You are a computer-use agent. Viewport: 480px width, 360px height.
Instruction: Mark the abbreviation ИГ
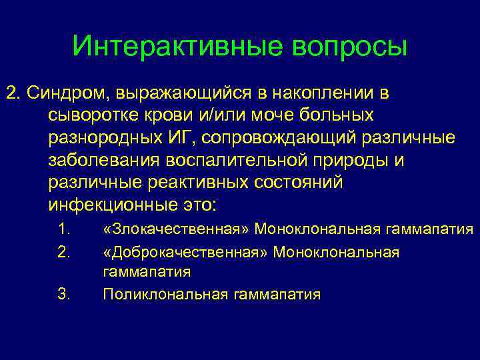pos(191,138)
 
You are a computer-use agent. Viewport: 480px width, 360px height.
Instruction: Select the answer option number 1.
pos(65,230)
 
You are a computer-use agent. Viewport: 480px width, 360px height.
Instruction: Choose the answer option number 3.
pos(65,294)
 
